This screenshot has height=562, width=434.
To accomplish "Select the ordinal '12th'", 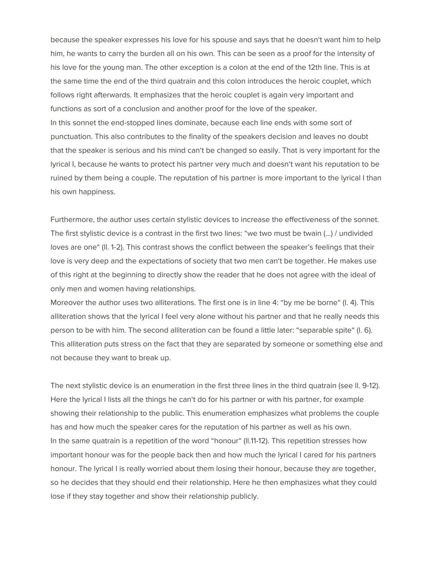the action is tap(315, 67).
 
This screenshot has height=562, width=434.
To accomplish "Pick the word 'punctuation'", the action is tap(70, 136).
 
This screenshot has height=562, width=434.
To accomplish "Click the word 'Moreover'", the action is tap(66, 303).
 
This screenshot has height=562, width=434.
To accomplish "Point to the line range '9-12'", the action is tap(371, 386).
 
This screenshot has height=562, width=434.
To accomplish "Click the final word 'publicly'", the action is tap(244, 496).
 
